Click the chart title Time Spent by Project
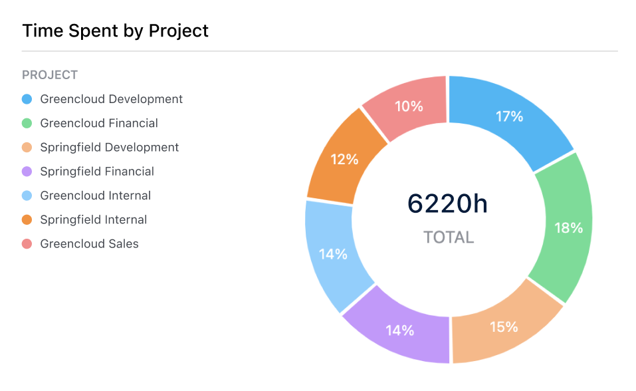pyautogui.click(x=116, y=31)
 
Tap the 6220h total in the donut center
pyautogui.click(x=448, y=204)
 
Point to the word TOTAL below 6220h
pyautogui.click(x=449, y=237)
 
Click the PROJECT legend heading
pyautogui.click(x=50, y=75)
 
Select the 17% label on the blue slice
pyautogui.click(x=510, y=116)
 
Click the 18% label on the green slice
pyautogui.click(x=568, y=228)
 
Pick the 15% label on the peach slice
pyautogui.click(x=504, y=326)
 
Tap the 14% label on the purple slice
pyautogui.click(x=400, y=330)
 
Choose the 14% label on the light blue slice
pyautogui.click(x=333, y=254)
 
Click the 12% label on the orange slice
pyautogui.click(x=345, y=160)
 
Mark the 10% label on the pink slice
pyautogui.click(x=409, y=106)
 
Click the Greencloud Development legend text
pyautogui.click(x=111, y=99)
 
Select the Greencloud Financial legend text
pyautogui.click(x=99, y=123)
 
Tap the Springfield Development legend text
pyautogui.click(x=110, y=147)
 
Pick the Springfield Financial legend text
pyautogui.click(x=97, y=172)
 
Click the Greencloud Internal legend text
pyautogui.click(x=96, y=195)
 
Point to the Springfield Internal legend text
pyautogui.click(x=94, y=219)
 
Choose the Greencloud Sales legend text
pyautogui.click(x=90, y=243)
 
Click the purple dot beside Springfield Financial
pyautogui.click(x=27, y=172)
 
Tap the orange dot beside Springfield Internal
pyautogui.click(x=27, y=219)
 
